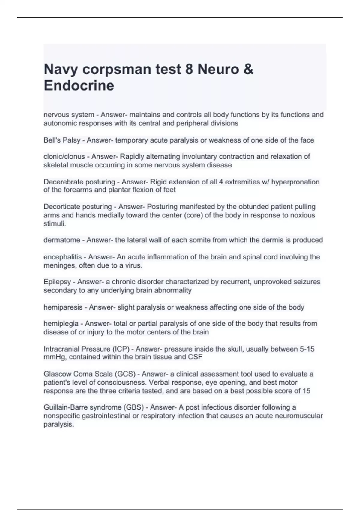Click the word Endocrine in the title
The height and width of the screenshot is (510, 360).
coord(79,85)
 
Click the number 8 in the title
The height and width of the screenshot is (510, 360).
coord(189,69)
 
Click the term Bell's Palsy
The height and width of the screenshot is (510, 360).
coord(62,140)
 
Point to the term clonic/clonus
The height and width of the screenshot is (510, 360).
coord(64,157)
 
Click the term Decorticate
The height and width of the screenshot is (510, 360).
coord(62,207)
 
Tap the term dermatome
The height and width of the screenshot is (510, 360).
coord(62,240)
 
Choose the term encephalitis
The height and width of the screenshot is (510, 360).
coord(62,257)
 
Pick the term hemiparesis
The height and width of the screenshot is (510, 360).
coord(63,307)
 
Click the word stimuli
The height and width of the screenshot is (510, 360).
coord(55,223)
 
